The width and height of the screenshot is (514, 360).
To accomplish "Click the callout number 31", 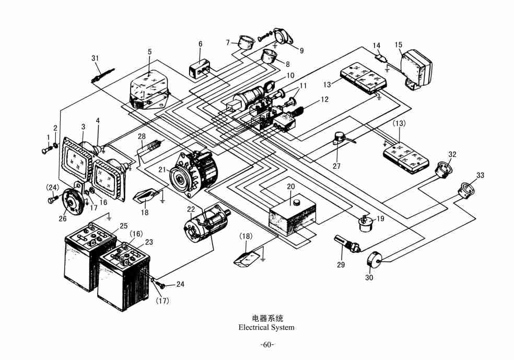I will click(x=95, y=58).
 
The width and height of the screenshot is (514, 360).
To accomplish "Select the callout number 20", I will click(x=291, y=186).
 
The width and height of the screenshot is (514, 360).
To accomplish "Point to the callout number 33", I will click(x=480, y=176).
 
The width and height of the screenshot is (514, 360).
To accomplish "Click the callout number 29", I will click(x=341, y=265).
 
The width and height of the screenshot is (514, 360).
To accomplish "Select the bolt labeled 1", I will click(x=44, y=150).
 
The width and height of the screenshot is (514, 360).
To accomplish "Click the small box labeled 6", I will click(x=198, y=71).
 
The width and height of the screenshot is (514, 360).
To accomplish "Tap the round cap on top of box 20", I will click(x=296, y=202).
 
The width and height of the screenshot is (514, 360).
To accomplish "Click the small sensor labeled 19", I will click(x=365, y=224).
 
